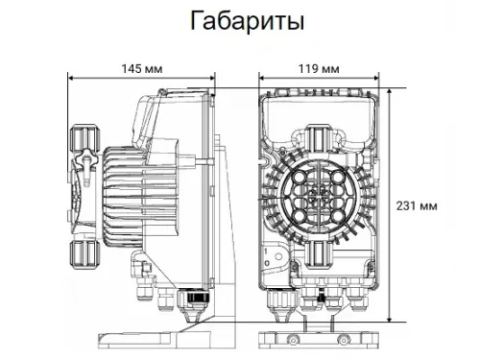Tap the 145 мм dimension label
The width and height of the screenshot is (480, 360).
coord(139,68)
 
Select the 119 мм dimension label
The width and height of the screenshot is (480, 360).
coord(319,68)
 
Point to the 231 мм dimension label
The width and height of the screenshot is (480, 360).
coord(423,205)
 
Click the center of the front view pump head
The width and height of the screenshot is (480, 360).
coord(319,195)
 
